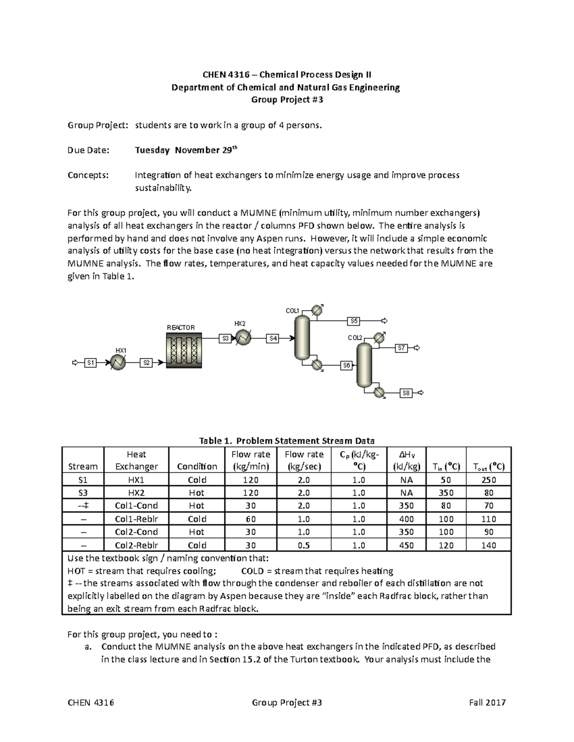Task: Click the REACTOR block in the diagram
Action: tap(184, 350)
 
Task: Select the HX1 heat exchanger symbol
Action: tap(118, 363)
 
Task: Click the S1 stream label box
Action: tap(90, 363)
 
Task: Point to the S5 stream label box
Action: tap(354, 321)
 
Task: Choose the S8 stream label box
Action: tap(406, 393)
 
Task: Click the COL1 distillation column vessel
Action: tap(302, 337)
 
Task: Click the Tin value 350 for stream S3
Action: tap(446, 493)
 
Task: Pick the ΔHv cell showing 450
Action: tap(406, 545)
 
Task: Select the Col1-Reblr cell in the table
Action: tap(136, 519)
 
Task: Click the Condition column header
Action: tap(197, 466)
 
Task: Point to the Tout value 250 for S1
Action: tap(488, 480)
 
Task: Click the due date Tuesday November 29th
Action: tap(186, 150)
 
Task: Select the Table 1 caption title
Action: tap(287, 441)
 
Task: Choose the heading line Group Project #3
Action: tap(287, 100)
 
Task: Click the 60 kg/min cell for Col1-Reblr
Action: tap(250, 519)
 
